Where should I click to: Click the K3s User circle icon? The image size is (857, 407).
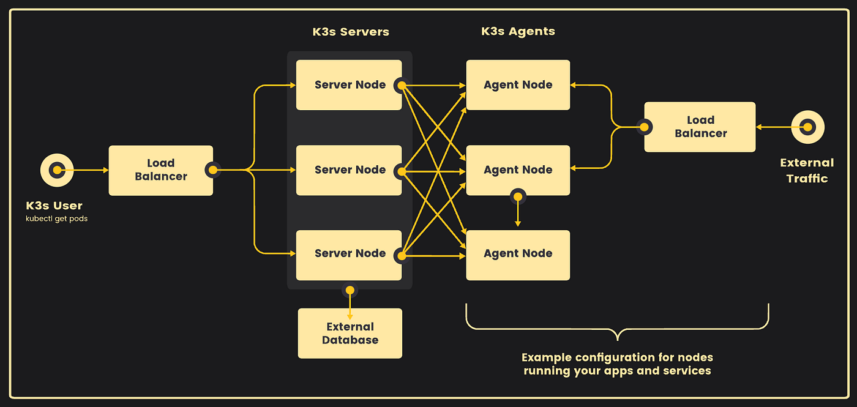(x=57, y=170)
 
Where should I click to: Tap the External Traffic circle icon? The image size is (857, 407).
(x=807, y=127)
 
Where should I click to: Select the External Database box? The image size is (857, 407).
(x=350, y=333)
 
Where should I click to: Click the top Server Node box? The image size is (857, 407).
(x=349, y=85)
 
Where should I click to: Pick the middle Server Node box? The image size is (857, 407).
(x=349, y=170)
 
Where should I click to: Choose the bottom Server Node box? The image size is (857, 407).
(x=349, y=255)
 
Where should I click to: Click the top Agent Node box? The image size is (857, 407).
(x=518, y=85)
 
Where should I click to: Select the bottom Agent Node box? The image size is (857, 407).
(x=518, y=255)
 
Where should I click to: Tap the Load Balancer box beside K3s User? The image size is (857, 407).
(x=160, y=171)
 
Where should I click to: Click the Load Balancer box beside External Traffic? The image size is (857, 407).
(x=700, y=127)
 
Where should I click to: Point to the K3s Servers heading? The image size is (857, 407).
(x=351, y=32)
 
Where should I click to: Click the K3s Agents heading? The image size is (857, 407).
(x=518, y=31)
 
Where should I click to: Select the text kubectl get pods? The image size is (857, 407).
(x=56, y=218)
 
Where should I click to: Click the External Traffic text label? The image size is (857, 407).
(x=807, y=171)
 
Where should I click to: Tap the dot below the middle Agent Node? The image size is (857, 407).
(x=518, y=196)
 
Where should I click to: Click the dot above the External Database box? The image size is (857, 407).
(x=350, y=290)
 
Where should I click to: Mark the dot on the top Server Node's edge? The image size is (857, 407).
(x=402, y=86)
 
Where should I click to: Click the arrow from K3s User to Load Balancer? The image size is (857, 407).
(x=83, y=170)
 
